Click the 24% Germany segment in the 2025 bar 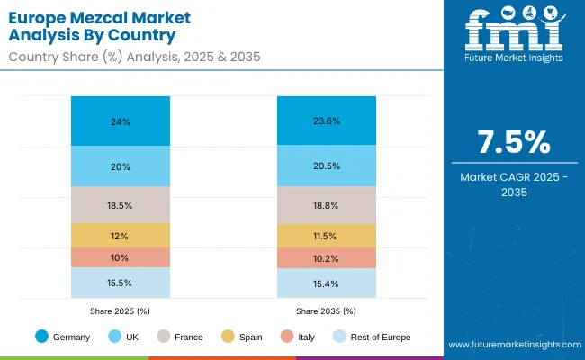[x=121, y=121]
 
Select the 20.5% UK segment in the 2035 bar [x=326, y=166]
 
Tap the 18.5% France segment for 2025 [x=121, y=205]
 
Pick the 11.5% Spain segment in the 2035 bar [x=326, y=235]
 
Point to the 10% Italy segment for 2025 [x=121, y=257]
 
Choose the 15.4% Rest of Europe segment [x=326, y=283]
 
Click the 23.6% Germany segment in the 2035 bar [x=326, y=121]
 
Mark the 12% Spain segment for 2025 [x=121, y=236]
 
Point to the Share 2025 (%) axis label [x=121, y=310]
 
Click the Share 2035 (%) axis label [x=326, y=310]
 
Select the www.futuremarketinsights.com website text [x=511, y=345]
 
